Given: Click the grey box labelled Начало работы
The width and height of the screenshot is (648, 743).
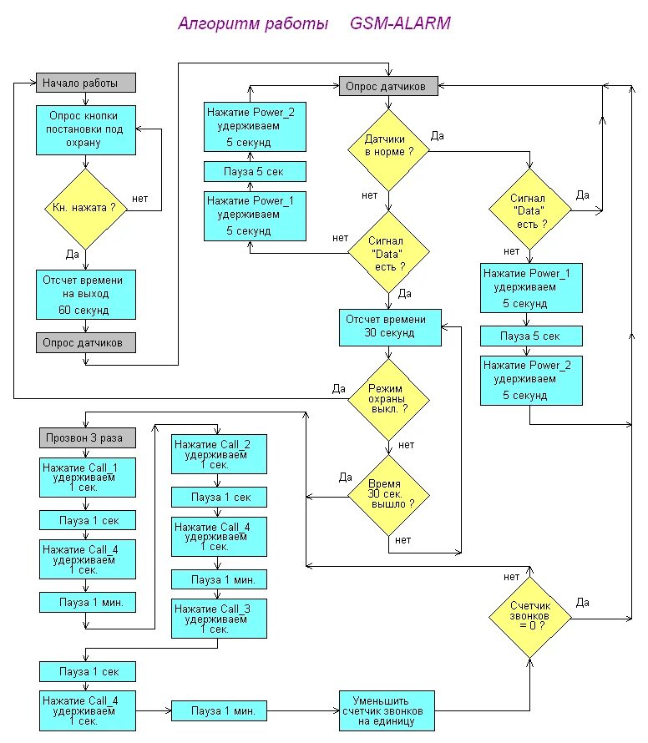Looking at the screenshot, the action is coord(86,83).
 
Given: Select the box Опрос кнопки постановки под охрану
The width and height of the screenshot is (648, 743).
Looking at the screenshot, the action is coord(86,130).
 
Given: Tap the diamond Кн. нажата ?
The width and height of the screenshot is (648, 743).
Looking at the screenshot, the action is coord(86,209).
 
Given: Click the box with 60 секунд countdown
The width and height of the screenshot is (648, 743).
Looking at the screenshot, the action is coord(86,294).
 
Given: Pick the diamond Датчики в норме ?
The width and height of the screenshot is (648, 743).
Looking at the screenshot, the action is coord(388,150).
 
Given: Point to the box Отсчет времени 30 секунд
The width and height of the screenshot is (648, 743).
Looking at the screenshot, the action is coord(390,327).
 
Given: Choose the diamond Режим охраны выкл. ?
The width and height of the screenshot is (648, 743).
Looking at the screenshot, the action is coord(388,399).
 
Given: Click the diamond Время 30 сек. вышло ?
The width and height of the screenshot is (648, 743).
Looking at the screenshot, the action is coord(388,496).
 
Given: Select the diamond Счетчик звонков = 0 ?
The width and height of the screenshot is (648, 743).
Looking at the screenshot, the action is coord(530,618).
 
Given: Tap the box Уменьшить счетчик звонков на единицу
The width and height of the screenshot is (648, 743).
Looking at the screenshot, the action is coord(387,710).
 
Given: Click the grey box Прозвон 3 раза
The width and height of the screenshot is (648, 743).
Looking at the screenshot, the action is coord(88,437).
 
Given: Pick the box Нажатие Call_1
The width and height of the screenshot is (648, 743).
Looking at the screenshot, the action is coord(88,478).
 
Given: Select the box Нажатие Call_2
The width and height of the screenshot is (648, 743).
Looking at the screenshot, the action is coord(219,454).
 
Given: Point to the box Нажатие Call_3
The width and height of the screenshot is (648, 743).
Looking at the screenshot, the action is coord(219,619).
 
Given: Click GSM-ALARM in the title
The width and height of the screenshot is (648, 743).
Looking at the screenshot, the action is coord(400,23).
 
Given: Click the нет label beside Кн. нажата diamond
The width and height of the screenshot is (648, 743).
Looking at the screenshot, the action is coord(139,199).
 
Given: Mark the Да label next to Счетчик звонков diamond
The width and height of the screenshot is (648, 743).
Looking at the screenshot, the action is coord(583,603).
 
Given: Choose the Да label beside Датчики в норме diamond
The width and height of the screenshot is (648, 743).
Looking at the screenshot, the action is coord(437,136).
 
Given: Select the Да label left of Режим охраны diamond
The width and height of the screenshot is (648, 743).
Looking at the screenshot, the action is coord(338,389).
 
